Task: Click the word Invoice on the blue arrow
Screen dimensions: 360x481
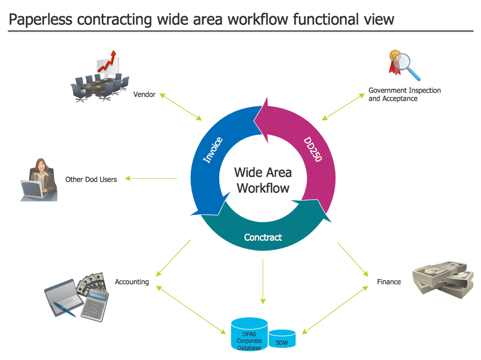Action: coord(213,150)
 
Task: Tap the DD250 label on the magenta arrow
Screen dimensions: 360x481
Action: coord(313,149)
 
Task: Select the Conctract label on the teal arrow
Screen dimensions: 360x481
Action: coord(263,237)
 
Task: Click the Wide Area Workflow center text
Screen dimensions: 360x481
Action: coord(263,180)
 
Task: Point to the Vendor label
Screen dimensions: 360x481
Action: coord(144,95)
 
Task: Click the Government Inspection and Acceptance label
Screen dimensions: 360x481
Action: coord(404,95)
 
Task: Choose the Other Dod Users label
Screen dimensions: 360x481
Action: coord(91,179)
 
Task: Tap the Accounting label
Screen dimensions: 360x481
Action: coord(132,282)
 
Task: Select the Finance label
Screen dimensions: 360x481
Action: coord(389,282)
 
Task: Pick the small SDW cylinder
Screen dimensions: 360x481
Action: coord(281,340)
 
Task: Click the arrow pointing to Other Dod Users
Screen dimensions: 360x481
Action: coord(151,178)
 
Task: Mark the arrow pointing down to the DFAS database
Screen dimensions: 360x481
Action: coord(263,283)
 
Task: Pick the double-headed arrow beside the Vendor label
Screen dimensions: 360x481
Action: coord(181,106)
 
